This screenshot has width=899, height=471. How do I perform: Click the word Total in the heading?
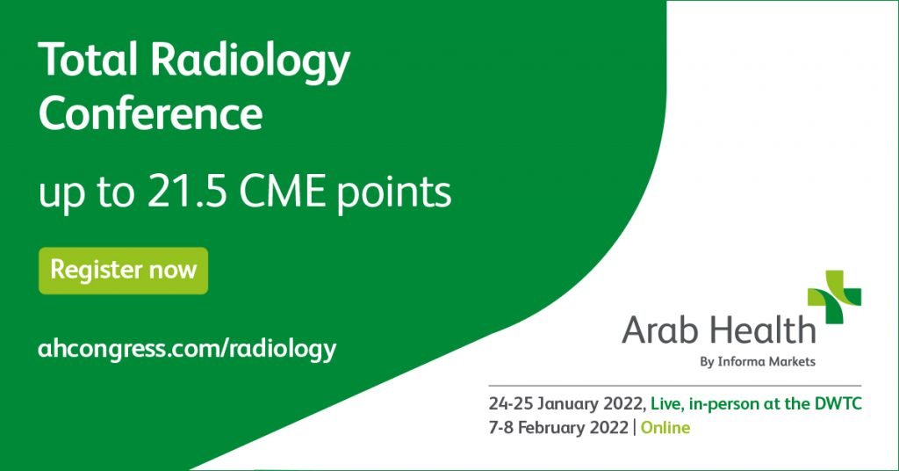pyautogui.click(x=87, y=62)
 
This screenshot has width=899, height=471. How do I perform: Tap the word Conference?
pyautogui.click(x=150, y=115)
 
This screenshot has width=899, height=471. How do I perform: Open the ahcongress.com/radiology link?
pyautogui.click(x=187, y=348)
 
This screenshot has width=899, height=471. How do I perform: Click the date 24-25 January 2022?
pyautogui.click(x=568, y=405)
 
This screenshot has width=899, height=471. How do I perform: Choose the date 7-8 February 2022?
pyautogui.click(x=558, y=429)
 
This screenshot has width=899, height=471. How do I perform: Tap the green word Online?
pyautogui.click(x=665, y=429)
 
